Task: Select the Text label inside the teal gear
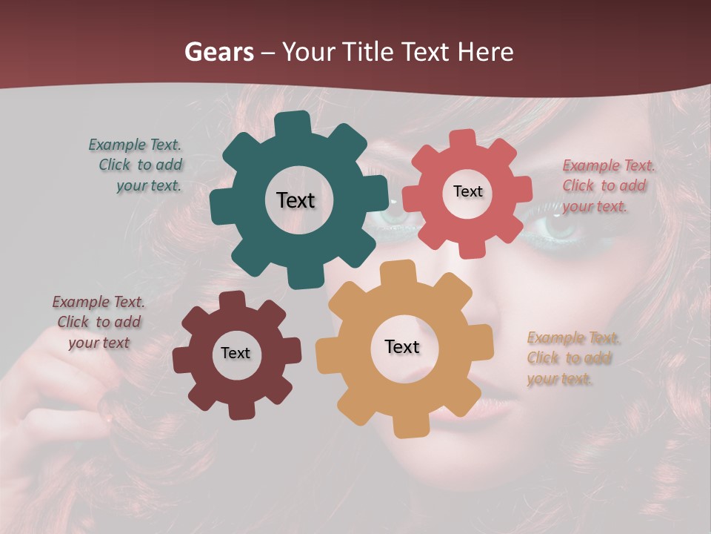(x=296, y=200)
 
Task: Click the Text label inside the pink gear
(x=467, y=191)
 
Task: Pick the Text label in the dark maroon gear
(x=236, y=353)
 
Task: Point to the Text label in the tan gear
(x=402, y=346)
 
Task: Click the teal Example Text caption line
(x=135, y=145)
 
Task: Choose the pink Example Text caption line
(x=609, y=165)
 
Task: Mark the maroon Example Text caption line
(x=99, y=302)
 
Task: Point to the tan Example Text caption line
(x=574, y=338)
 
